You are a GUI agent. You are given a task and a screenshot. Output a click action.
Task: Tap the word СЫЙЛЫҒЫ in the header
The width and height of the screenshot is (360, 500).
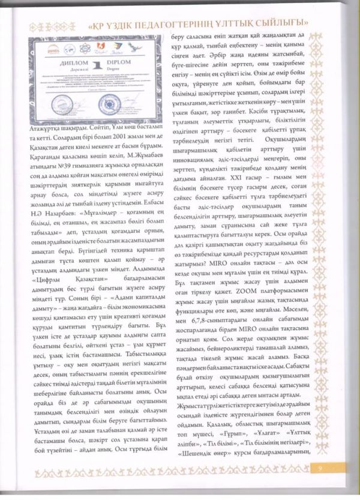[314, 27]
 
